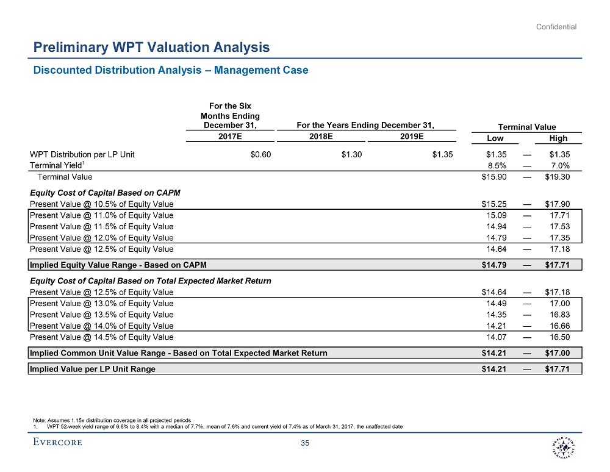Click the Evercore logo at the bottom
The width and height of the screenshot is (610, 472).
59,442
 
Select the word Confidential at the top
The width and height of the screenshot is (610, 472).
556,27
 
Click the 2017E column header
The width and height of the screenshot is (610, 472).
230,137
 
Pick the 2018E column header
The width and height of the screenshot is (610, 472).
321,137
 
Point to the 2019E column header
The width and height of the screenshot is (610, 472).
412,137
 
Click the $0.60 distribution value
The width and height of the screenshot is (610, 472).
260,154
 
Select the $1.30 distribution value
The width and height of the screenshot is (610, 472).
351,154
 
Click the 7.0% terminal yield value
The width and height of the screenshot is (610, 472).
559,166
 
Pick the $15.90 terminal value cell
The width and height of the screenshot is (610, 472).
494,177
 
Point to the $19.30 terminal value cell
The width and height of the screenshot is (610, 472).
558,177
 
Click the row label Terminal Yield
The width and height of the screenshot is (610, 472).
56,166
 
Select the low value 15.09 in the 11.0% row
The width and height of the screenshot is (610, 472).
496,215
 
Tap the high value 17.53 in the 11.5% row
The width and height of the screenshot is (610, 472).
559,226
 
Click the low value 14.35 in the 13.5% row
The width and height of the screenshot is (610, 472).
496,315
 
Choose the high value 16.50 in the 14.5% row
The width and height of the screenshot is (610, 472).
559,337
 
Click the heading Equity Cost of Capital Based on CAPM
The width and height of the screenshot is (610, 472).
105,193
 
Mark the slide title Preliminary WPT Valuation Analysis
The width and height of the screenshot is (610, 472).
151,47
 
